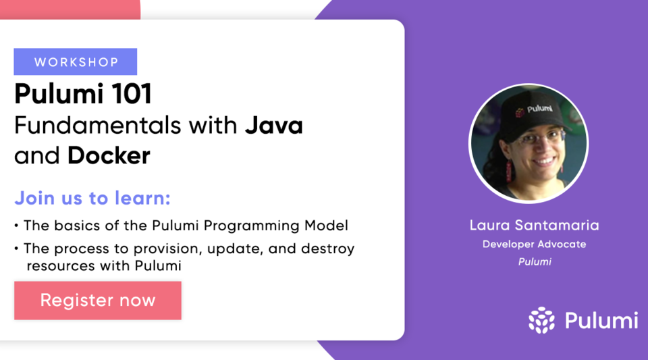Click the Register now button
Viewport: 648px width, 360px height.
click(98, 301)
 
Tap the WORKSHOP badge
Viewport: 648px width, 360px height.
click(76, 62)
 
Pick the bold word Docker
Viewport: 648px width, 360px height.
click(109, 156)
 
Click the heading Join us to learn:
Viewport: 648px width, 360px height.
click(92, 199)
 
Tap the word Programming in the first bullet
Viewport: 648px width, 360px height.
click(252, 226)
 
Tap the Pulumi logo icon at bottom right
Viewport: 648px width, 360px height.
click(541, 320)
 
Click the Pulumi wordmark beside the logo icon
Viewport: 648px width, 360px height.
click(601, 320)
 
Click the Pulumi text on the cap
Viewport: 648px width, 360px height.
click(539, 108)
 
